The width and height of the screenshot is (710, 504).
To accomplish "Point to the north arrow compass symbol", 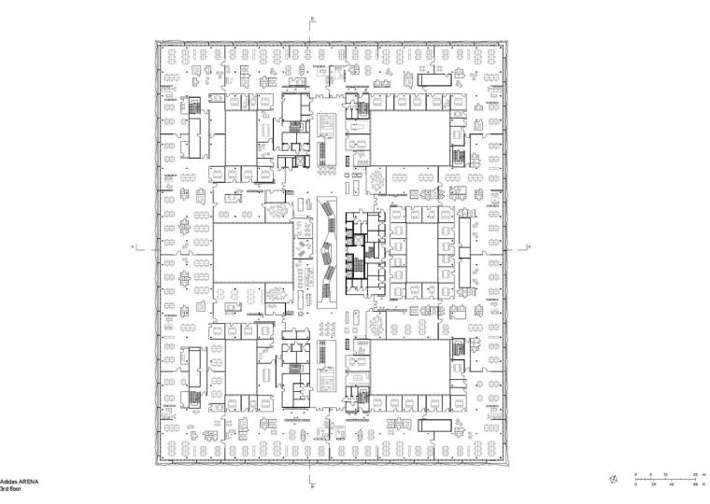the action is [x=613, y=480].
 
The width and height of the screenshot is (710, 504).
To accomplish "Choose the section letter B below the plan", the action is [x=314, y=485].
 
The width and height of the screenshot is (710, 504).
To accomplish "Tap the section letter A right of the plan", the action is [x=529, y=246].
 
